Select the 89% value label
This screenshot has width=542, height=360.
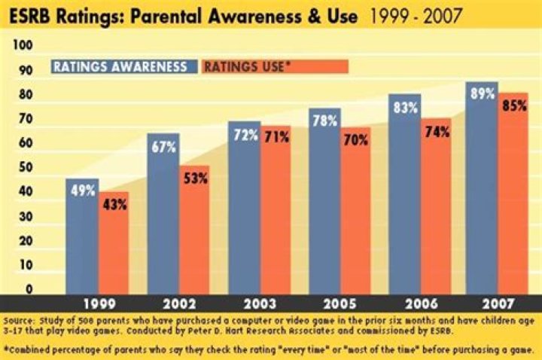point(481,94)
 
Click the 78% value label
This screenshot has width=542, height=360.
point(324,121)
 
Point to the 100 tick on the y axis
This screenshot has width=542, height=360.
point(23,46)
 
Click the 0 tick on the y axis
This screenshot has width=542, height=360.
point(28,289)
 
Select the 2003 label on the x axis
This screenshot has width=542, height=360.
point(259,304)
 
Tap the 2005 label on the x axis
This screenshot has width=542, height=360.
point(340,304)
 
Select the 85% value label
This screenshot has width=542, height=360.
point(513,105)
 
